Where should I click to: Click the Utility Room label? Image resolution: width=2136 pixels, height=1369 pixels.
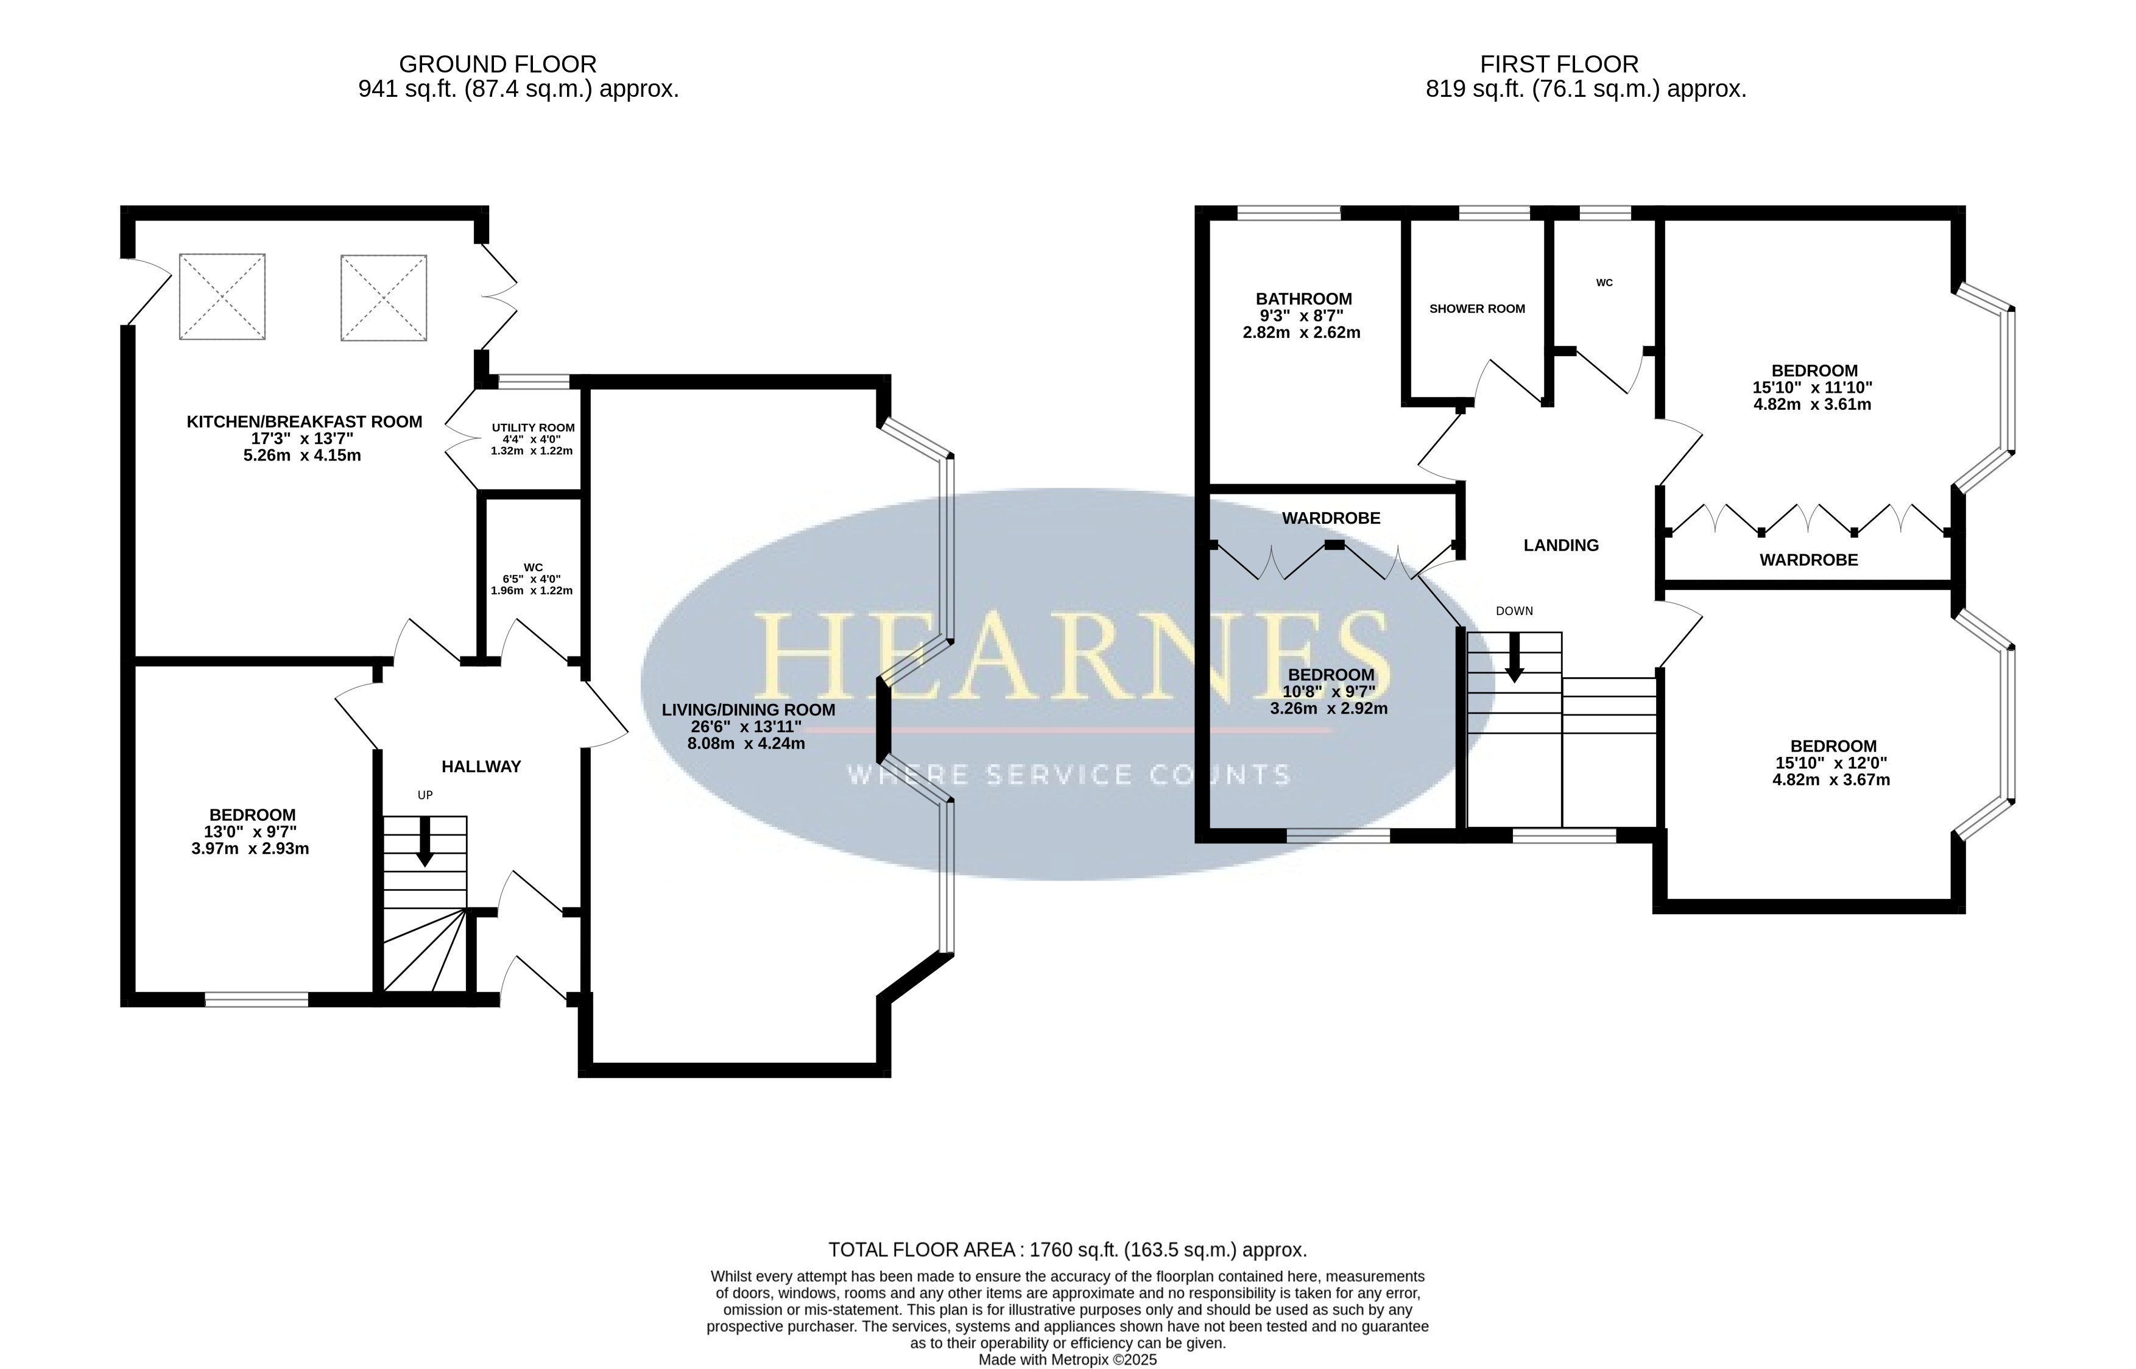click(534, 428)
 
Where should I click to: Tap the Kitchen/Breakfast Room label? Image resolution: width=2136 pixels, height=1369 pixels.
click(304, 422)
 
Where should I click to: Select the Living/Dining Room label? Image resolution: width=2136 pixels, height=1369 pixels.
click(749, 710)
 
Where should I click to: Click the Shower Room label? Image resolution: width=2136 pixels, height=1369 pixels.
click(1478, 309)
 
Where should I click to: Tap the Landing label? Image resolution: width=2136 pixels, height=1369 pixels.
click(1561, 546)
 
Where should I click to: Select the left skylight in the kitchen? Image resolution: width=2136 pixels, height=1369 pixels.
click(222, 297)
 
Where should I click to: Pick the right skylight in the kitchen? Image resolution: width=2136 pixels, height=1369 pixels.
click(384, 298)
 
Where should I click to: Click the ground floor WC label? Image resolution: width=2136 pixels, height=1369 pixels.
click(534, 567)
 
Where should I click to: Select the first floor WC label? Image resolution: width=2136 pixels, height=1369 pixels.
click(1604, 283)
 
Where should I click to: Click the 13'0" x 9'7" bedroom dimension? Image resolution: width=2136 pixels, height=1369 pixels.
click(251, 832)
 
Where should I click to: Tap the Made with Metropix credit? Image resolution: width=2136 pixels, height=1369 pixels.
click(1068, 1360)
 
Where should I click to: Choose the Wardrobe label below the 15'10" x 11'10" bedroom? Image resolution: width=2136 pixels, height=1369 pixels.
click(1809, 560)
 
